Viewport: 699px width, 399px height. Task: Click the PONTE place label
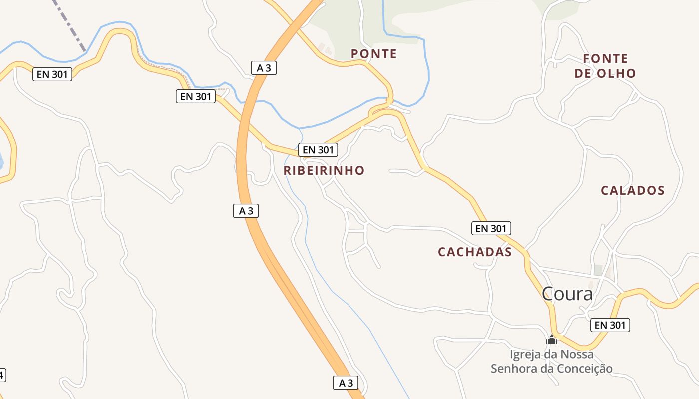[373, 54]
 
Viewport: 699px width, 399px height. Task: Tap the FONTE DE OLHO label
[605, 66]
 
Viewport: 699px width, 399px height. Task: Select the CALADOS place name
[632, 190]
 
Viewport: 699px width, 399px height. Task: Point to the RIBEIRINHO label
[324, 170]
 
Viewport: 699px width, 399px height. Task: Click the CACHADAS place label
[475, 252]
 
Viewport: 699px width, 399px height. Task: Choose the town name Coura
[567, 294]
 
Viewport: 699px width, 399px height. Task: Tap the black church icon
[552, 340]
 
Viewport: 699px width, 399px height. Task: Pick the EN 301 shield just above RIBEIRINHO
[318, 149]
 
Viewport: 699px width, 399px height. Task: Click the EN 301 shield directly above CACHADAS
[491, 228]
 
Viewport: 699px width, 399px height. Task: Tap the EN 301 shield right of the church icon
[610, 325]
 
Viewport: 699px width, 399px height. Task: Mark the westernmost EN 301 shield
[53, 74]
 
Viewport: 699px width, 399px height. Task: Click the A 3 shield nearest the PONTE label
[264, 68]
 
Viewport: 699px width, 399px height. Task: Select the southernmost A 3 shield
[346, 383]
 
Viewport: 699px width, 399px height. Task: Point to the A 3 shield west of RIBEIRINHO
[246, 211]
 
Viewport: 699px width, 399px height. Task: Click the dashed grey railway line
[70, 25]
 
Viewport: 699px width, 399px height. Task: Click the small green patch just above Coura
[598, 270]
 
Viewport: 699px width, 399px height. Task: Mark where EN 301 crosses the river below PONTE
[389, 100]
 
